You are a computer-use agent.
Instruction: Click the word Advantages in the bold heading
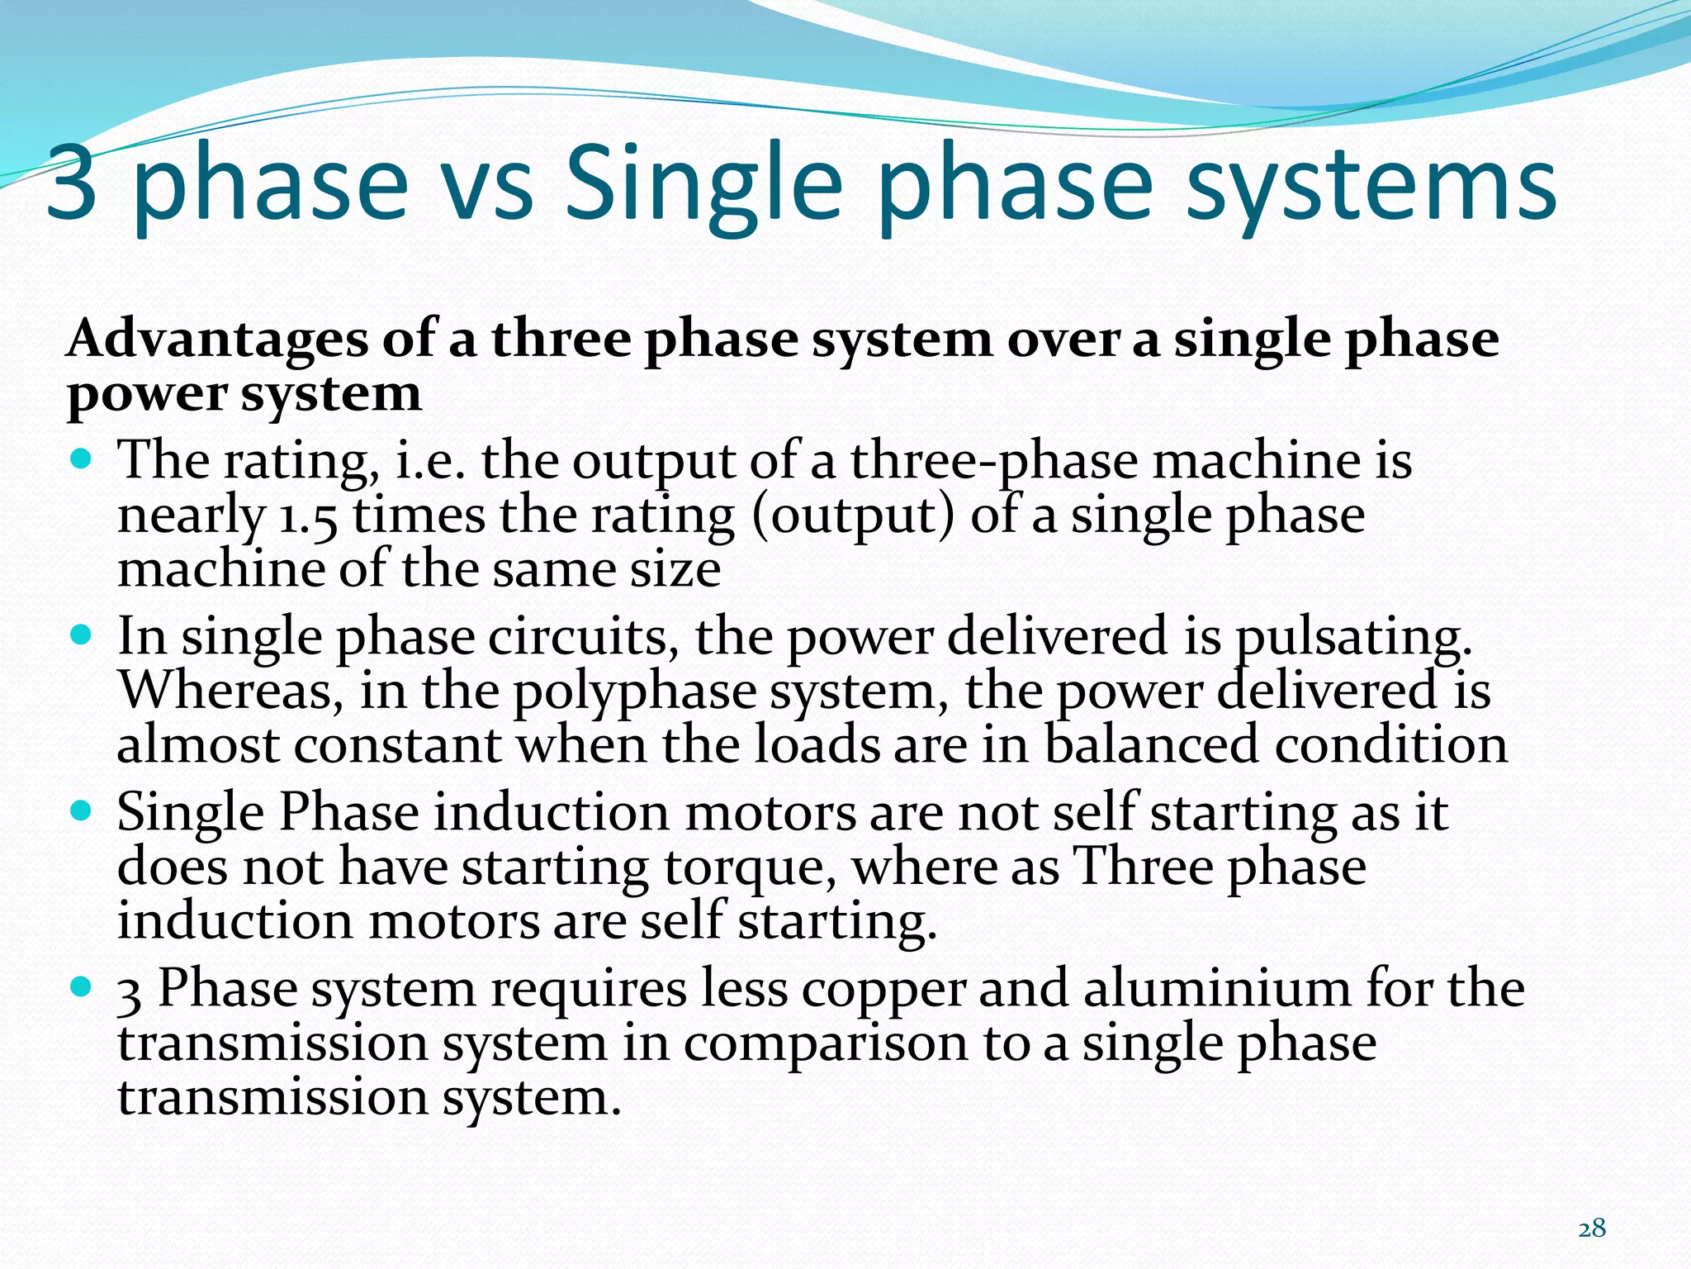[217, 340]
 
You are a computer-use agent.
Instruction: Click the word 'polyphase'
[634, 692]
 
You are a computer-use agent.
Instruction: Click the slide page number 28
[1592, 1229]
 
